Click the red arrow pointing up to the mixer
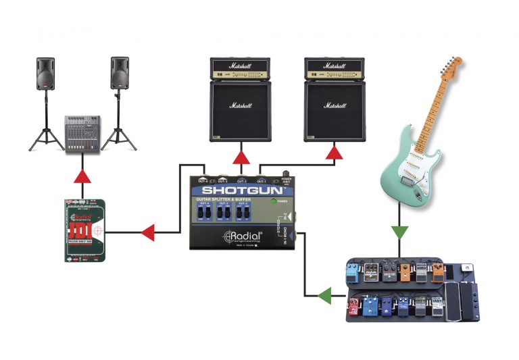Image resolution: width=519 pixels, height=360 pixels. click(82, 177)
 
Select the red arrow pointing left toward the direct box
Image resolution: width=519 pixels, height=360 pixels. click(147, 234)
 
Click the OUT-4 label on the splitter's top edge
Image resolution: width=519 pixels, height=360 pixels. click(203, 181)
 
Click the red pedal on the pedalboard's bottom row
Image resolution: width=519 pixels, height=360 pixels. click(353, 308)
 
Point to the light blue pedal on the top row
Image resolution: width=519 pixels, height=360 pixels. click(351, 274)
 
